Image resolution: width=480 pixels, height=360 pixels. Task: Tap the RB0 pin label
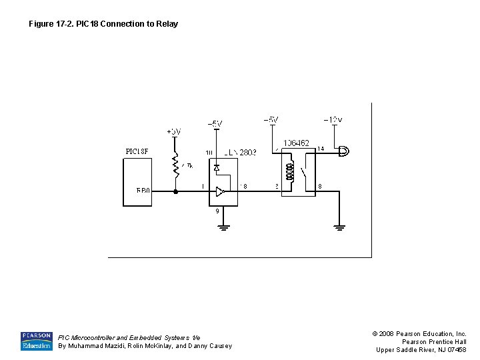point(143,191)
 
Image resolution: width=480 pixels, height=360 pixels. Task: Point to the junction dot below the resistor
point(176,191)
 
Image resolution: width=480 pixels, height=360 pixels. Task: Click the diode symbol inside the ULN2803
point(217,167)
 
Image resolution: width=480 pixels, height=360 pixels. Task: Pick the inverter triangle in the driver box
point(220,191)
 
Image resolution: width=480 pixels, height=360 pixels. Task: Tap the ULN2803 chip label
point(240,153)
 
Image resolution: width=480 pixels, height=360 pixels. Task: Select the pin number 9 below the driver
point(217,211)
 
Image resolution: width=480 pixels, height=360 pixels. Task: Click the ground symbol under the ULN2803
point(223,227)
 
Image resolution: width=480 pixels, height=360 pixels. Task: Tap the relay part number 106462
point(296,143)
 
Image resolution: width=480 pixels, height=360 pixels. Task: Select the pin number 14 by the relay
point(320,149)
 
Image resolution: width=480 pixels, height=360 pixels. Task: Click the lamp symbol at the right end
point(343,151)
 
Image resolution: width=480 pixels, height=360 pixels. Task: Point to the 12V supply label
point(333,120)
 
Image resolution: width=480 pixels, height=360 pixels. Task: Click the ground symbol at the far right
point(339,227)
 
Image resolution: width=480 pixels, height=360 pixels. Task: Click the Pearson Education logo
point(36,341)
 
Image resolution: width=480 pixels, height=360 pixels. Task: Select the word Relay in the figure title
point(167,24)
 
